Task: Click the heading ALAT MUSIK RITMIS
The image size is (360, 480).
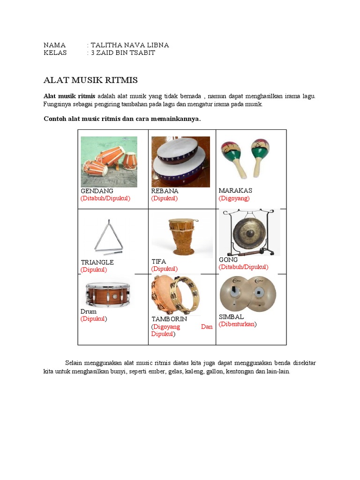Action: (x=90, y=80)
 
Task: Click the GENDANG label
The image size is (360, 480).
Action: (x=97, y=191)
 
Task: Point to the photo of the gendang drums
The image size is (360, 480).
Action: (x=109, y=162)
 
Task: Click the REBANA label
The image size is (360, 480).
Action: (x=165, y=191)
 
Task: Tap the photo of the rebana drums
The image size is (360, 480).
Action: (x=180, y=162)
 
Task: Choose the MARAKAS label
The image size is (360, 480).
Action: (x=235, y=191)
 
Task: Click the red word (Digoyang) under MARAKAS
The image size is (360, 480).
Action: (x=234, y=198)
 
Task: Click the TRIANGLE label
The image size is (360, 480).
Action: (x=97, y=262)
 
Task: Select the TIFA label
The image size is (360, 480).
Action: (x=158, y=262)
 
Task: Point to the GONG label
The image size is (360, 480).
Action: (x=228, y=260)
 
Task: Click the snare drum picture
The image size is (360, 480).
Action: (x=107, y=295)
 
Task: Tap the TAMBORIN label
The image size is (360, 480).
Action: (x=169, y=319)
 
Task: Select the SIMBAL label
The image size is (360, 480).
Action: (x=231, y=317)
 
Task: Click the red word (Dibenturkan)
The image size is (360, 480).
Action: (x=238, y=324)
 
